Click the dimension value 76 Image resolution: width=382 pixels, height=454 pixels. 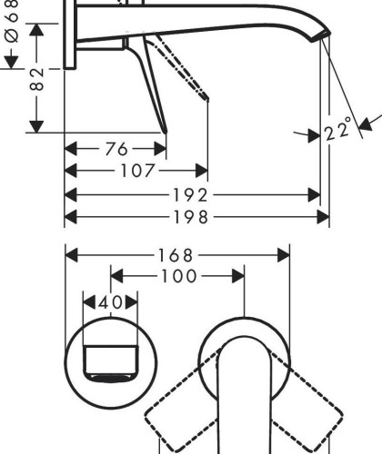(x=116, y=149)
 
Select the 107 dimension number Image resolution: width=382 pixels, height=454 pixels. (x=137, y=171)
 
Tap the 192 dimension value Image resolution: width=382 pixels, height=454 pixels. (x=190, y=195)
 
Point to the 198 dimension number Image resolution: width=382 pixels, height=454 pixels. (x=191, y=217)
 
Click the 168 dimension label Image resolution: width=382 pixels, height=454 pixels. (x=176, y=255)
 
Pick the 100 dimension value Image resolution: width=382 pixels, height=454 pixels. (x=179, y=276)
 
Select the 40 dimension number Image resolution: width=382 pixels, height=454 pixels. (x=111, y=302)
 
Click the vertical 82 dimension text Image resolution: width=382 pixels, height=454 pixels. (x=37, y=79)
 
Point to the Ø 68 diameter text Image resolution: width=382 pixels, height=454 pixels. (x=12, y=21)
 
